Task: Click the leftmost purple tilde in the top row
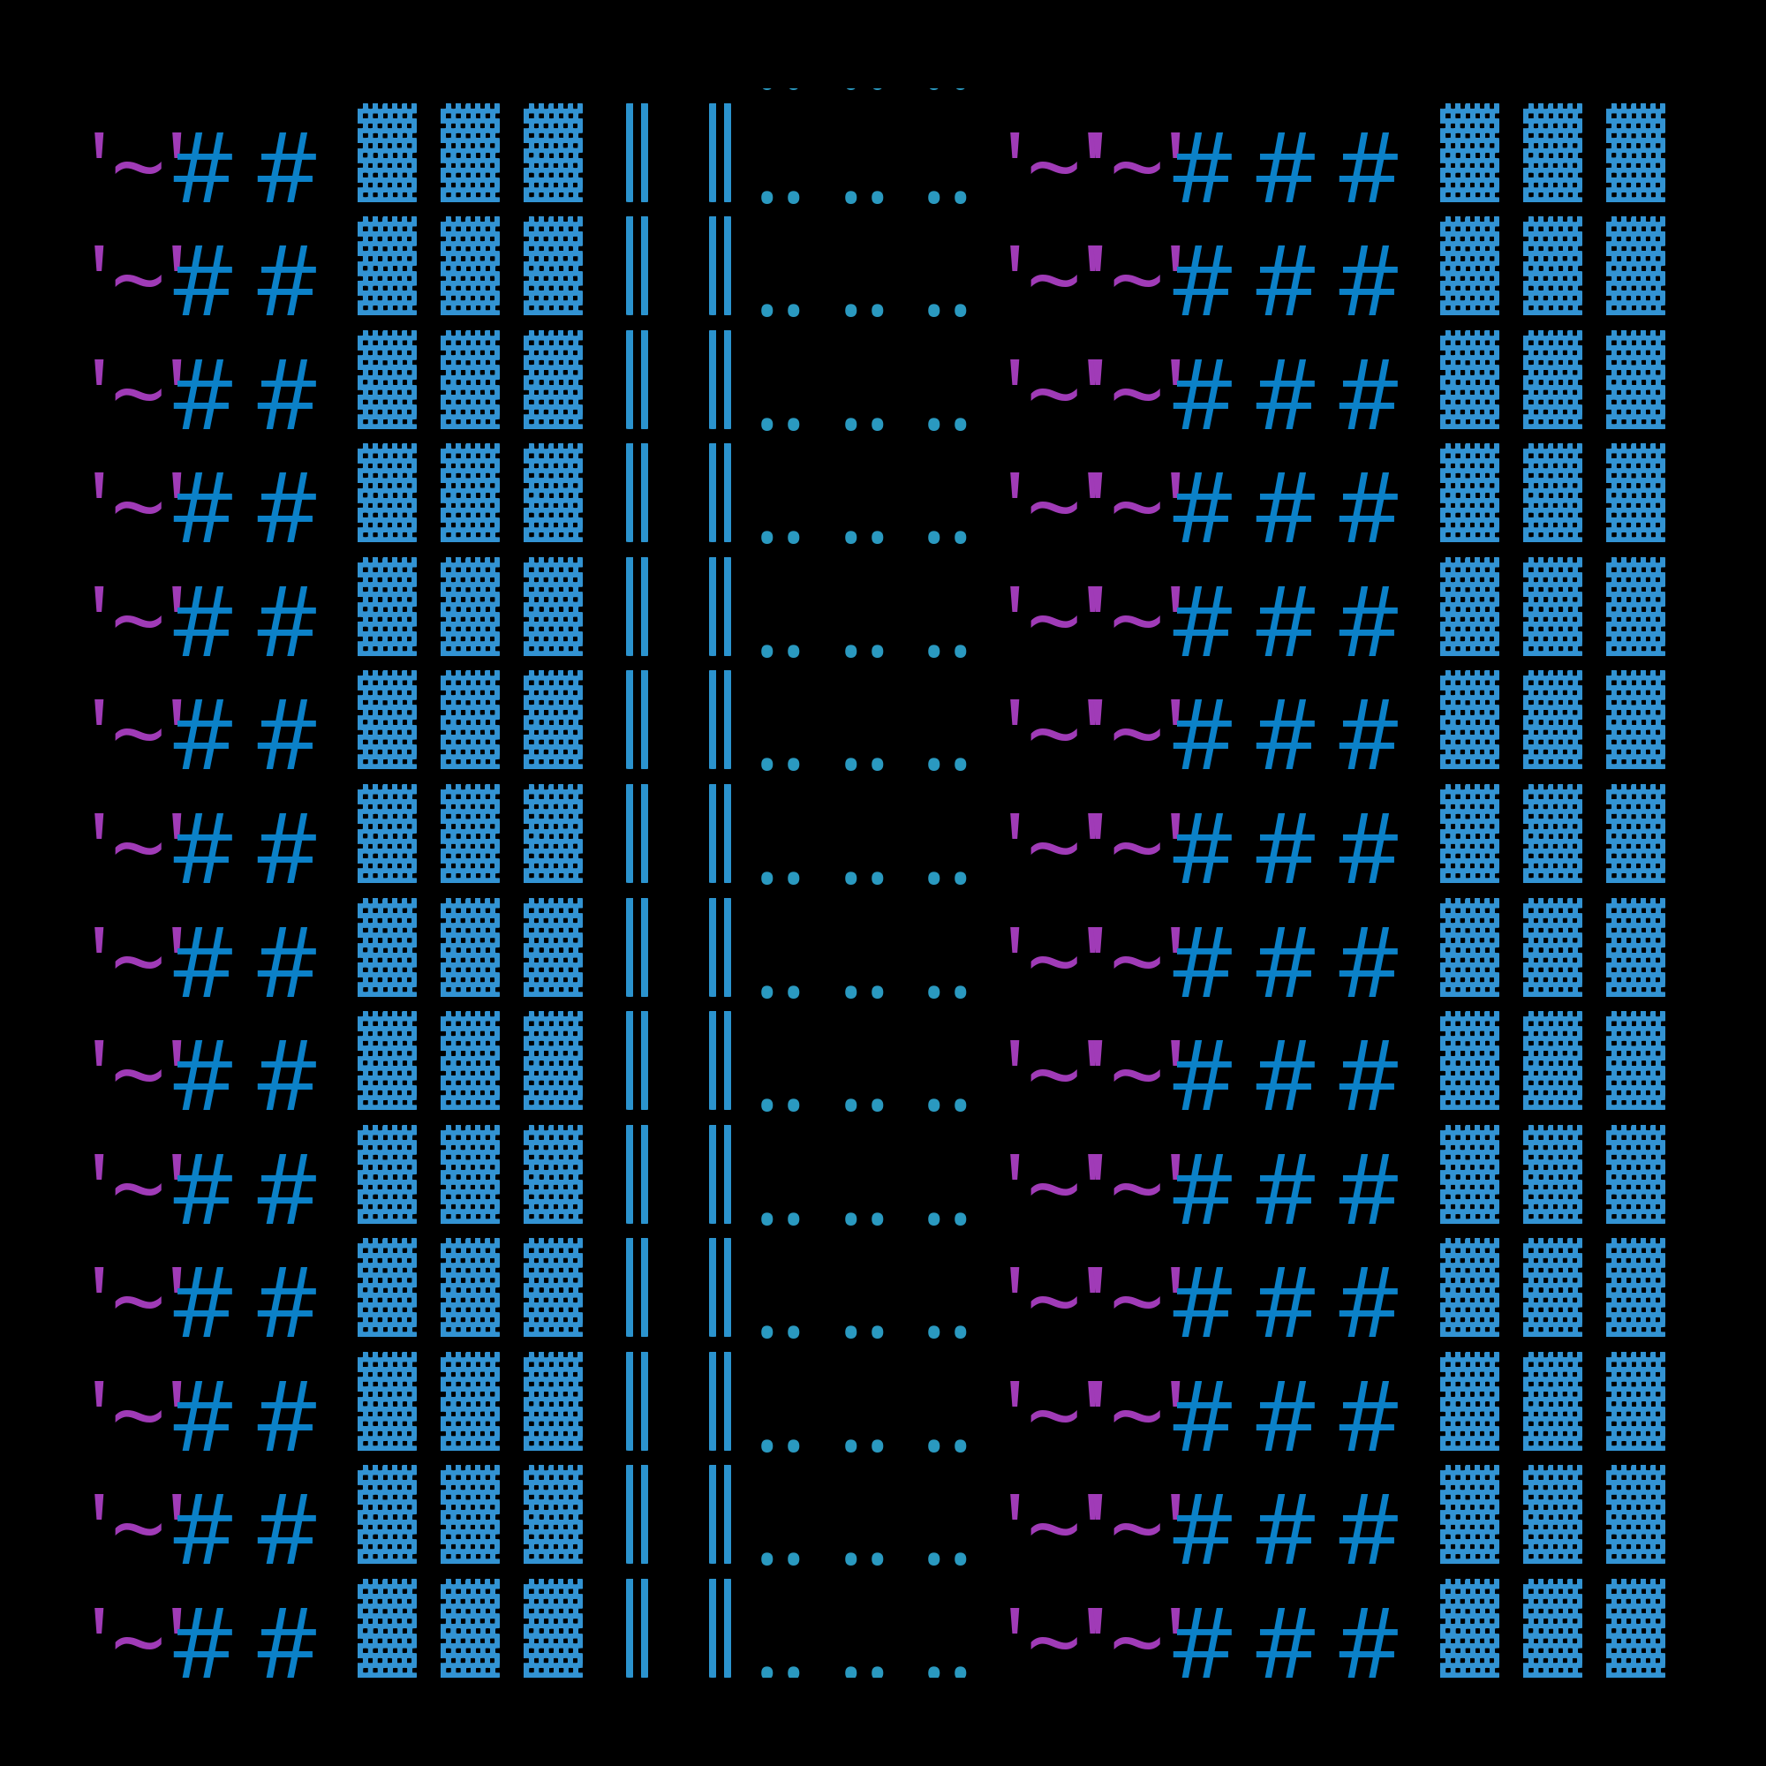138,167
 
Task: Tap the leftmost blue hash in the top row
202,167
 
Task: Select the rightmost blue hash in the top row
1369,167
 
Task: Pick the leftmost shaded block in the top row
387,153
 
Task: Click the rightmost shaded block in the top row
1635,153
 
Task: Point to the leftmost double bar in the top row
638,153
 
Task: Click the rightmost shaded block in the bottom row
1635,1628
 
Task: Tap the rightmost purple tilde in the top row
1136,167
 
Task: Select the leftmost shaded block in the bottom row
387,1628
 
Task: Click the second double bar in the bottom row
721,1628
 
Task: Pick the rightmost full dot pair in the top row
947,197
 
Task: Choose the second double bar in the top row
721,153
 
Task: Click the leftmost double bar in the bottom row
638,1628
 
